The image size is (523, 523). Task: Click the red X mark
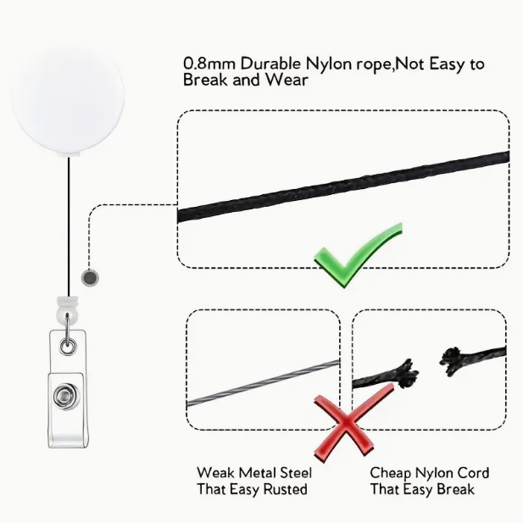[347, 423]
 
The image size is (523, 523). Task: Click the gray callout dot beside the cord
[90, 277]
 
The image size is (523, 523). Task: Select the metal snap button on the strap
[66, 397]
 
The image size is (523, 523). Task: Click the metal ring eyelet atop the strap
[68, 346]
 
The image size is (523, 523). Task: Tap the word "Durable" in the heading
[270, 64]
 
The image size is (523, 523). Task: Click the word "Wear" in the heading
[287, 80]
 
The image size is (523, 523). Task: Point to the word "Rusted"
[285, 489]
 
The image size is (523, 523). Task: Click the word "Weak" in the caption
[215, 473]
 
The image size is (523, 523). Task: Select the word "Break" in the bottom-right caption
[455, 489]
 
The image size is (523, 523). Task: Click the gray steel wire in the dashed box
[264, 383]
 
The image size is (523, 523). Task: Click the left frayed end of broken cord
[406, 374]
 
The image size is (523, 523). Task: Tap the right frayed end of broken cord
[451, 360]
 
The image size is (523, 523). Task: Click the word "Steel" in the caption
[296, 473]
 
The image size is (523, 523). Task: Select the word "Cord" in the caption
[473, 473]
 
